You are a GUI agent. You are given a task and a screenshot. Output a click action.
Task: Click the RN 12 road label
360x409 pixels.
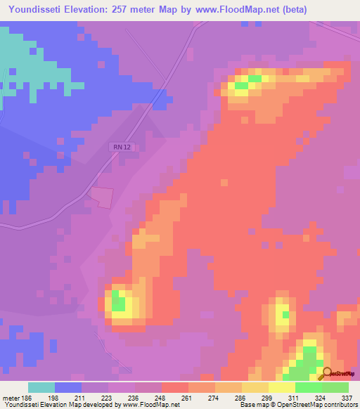[x=120, y=147]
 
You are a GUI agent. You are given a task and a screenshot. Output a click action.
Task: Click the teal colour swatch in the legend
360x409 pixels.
[x=41, y=387]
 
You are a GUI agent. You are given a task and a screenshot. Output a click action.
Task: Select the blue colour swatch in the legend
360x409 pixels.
[x=68, y=387]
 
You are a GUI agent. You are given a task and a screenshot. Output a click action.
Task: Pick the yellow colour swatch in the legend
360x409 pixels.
[x=282, y=387]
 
